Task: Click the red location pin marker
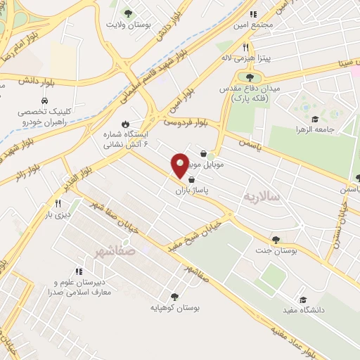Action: coord(180,166)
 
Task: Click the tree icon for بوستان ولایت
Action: coord(127,13)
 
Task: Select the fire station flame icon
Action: coord(126,124)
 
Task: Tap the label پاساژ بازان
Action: coord(188,191)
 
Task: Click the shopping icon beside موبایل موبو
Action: coord(204,153)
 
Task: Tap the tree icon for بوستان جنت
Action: coord(275,239)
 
